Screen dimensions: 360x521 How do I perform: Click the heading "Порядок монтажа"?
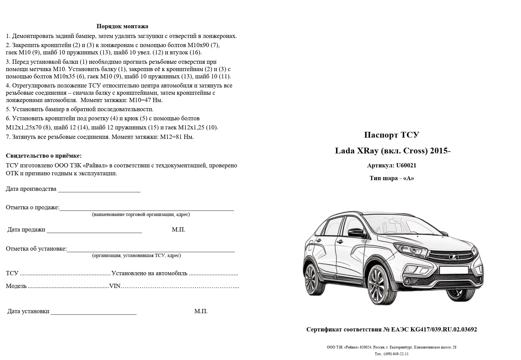click(x=122, y=26)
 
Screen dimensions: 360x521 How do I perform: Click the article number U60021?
click(x=406, y=166)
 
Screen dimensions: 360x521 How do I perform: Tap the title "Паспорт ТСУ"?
click(x=392, y=135)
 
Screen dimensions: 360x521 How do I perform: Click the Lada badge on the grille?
click(x=454, y=257)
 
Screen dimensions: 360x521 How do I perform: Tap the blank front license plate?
click(x=454, y=270)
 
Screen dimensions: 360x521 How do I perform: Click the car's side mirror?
click(x=357, y=232)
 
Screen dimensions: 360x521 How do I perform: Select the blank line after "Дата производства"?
click(x=99, y=190)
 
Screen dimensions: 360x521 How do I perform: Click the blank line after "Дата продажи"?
click(x=94, y=230)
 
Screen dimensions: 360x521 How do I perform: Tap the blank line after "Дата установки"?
click(x=94, y=312)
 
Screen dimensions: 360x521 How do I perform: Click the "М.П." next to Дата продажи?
click(x=178, y=230)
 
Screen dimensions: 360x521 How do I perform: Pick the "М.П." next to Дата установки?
click(x=201, y=311)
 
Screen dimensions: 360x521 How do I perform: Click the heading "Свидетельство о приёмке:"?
click(x=44, y=156)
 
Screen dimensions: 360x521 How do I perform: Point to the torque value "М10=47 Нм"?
click(x=146, y=100)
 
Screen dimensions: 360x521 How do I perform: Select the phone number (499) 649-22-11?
click(x=396, y=354)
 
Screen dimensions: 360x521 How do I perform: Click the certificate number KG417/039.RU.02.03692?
click(x=443, y=330)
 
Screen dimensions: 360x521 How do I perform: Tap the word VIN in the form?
click(x=115, y=286)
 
